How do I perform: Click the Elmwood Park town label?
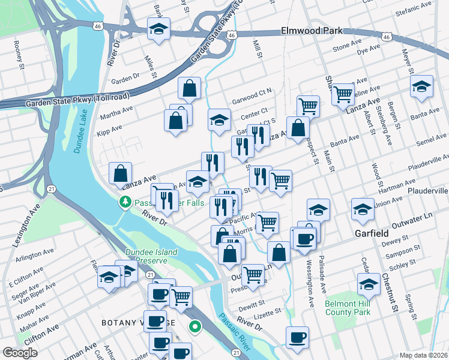312,31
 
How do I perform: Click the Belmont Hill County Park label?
348,308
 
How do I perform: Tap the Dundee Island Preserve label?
151,257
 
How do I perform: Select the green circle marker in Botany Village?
194,327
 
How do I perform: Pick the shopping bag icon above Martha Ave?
189,89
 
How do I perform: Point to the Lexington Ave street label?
26,223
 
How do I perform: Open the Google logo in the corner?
20,353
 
